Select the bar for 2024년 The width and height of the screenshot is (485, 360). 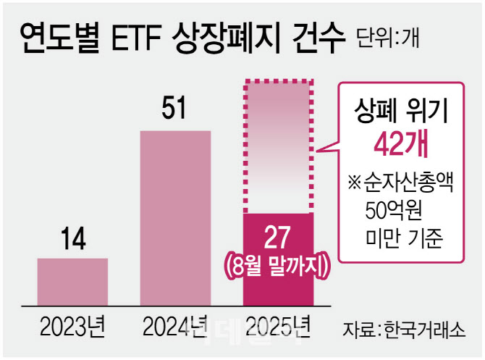[x=175, y=217]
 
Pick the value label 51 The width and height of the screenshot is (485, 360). [x=174, y=110]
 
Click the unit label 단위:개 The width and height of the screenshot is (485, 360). [x=387, y=37]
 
